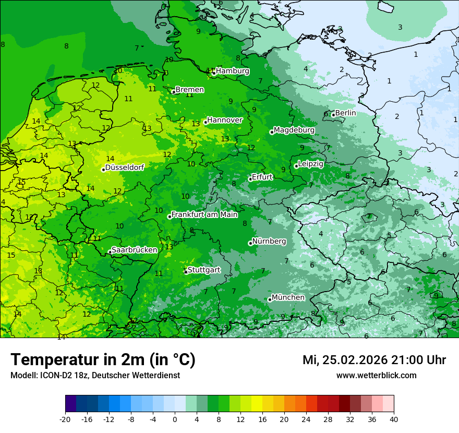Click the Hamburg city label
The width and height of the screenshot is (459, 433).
(x=232, y=71)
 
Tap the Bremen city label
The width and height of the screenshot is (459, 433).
(x=189, y=90)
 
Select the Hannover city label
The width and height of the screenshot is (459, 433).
(x=224, y=120)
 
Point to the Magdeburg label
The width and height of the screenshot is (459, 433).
(x=294, y=130)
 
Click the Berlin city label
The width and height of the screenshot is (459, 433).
(x=345, y=113)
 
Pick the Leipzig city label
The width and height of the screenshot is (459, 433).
(x=310, y=164)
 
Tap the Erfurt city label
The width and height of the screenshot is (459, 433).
(x=262, y=177)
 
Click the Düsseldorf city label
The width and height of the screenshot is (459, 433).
(x=125, y=167)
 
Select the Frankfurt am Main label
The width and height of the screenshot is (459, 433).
(x=204, y=214)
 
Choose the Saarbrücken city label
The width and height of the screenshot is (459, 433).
(x=134, y=250)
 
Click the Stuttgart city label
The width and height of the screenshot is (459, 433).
(x=203, y=270)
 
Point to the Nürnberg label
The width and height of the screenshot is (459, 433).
(x=269, y=242)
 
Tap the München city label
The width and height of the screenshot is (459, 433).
(x=288, y=297)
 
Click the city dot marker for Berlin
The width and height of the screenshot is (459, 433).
(x=333, y=115)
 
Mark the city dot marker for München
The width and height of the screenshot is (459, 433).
(x=270, y=299)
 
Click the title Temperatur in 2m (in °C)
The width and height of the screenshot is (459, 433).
(x=103, y=359)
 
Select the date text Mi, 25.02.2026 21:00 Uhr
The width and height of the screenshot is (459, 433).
(x=374, y=360)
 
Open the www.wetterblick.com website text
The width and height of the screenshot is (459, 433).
(x=376, y=375)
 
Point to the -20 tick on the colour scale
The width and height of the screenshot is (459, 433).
(x=65, y=419)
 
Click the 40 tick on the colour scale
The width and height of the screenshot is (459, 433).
(x=393, y=419)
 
